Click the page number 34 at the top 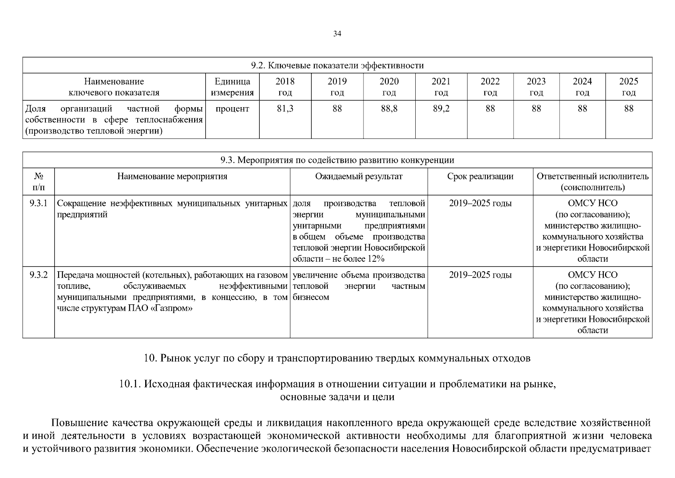pos(337,34)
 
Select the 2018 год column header pos(285,87)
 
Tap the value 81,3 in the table pos(285,109)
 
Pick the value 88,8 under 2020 pos(389,109)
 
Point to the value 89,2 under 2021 pos(441,109)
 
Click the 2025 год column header pos(628,87)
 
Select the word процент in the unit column pos(232,109)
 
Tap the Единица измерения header pos(232,87)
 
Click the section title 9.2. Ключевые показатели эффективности pos(337,65)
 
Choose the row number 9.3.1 pos(38,204)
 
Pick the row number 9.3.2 pos(38,275)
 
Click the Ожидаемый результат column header pos(359,176)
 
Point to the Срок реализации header pos(480,176)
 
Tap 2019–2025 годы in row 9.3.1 pos(480,204)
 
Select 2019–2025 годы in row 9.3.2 pos(480,275)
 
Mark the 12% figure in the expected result pos(376,259)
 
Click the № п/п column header pos(38,182)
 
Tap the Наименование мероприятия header pos(172,176)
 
